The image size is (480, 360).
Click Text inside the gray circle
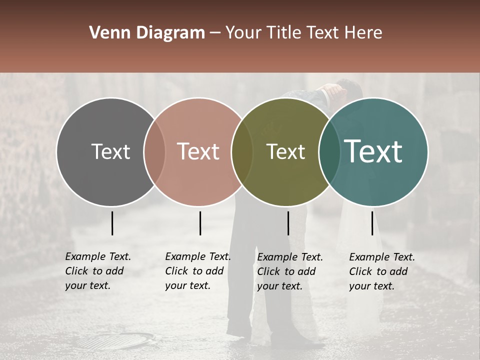(x=110, y=151)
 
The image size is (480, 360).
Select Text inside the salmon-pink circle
(x=198, y=151)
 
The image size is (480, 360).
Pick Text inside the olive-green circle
(x=285, y=151)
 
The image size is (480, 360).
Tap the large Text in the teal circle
(x=373, y=151)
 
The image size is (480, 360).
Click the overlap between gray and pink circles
(x=154, y=151)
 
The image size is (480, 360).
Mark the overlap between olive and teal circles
(x=328, y=151)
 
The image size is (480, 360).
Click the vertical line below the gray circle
(x=112, y=223)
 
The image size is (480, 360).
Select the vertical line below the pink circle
(x=200, y=223)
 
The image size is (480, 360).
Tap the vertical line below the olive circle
(x=288, y=223)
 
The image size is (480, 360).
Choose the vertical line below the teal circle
(x=372, y=223)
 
